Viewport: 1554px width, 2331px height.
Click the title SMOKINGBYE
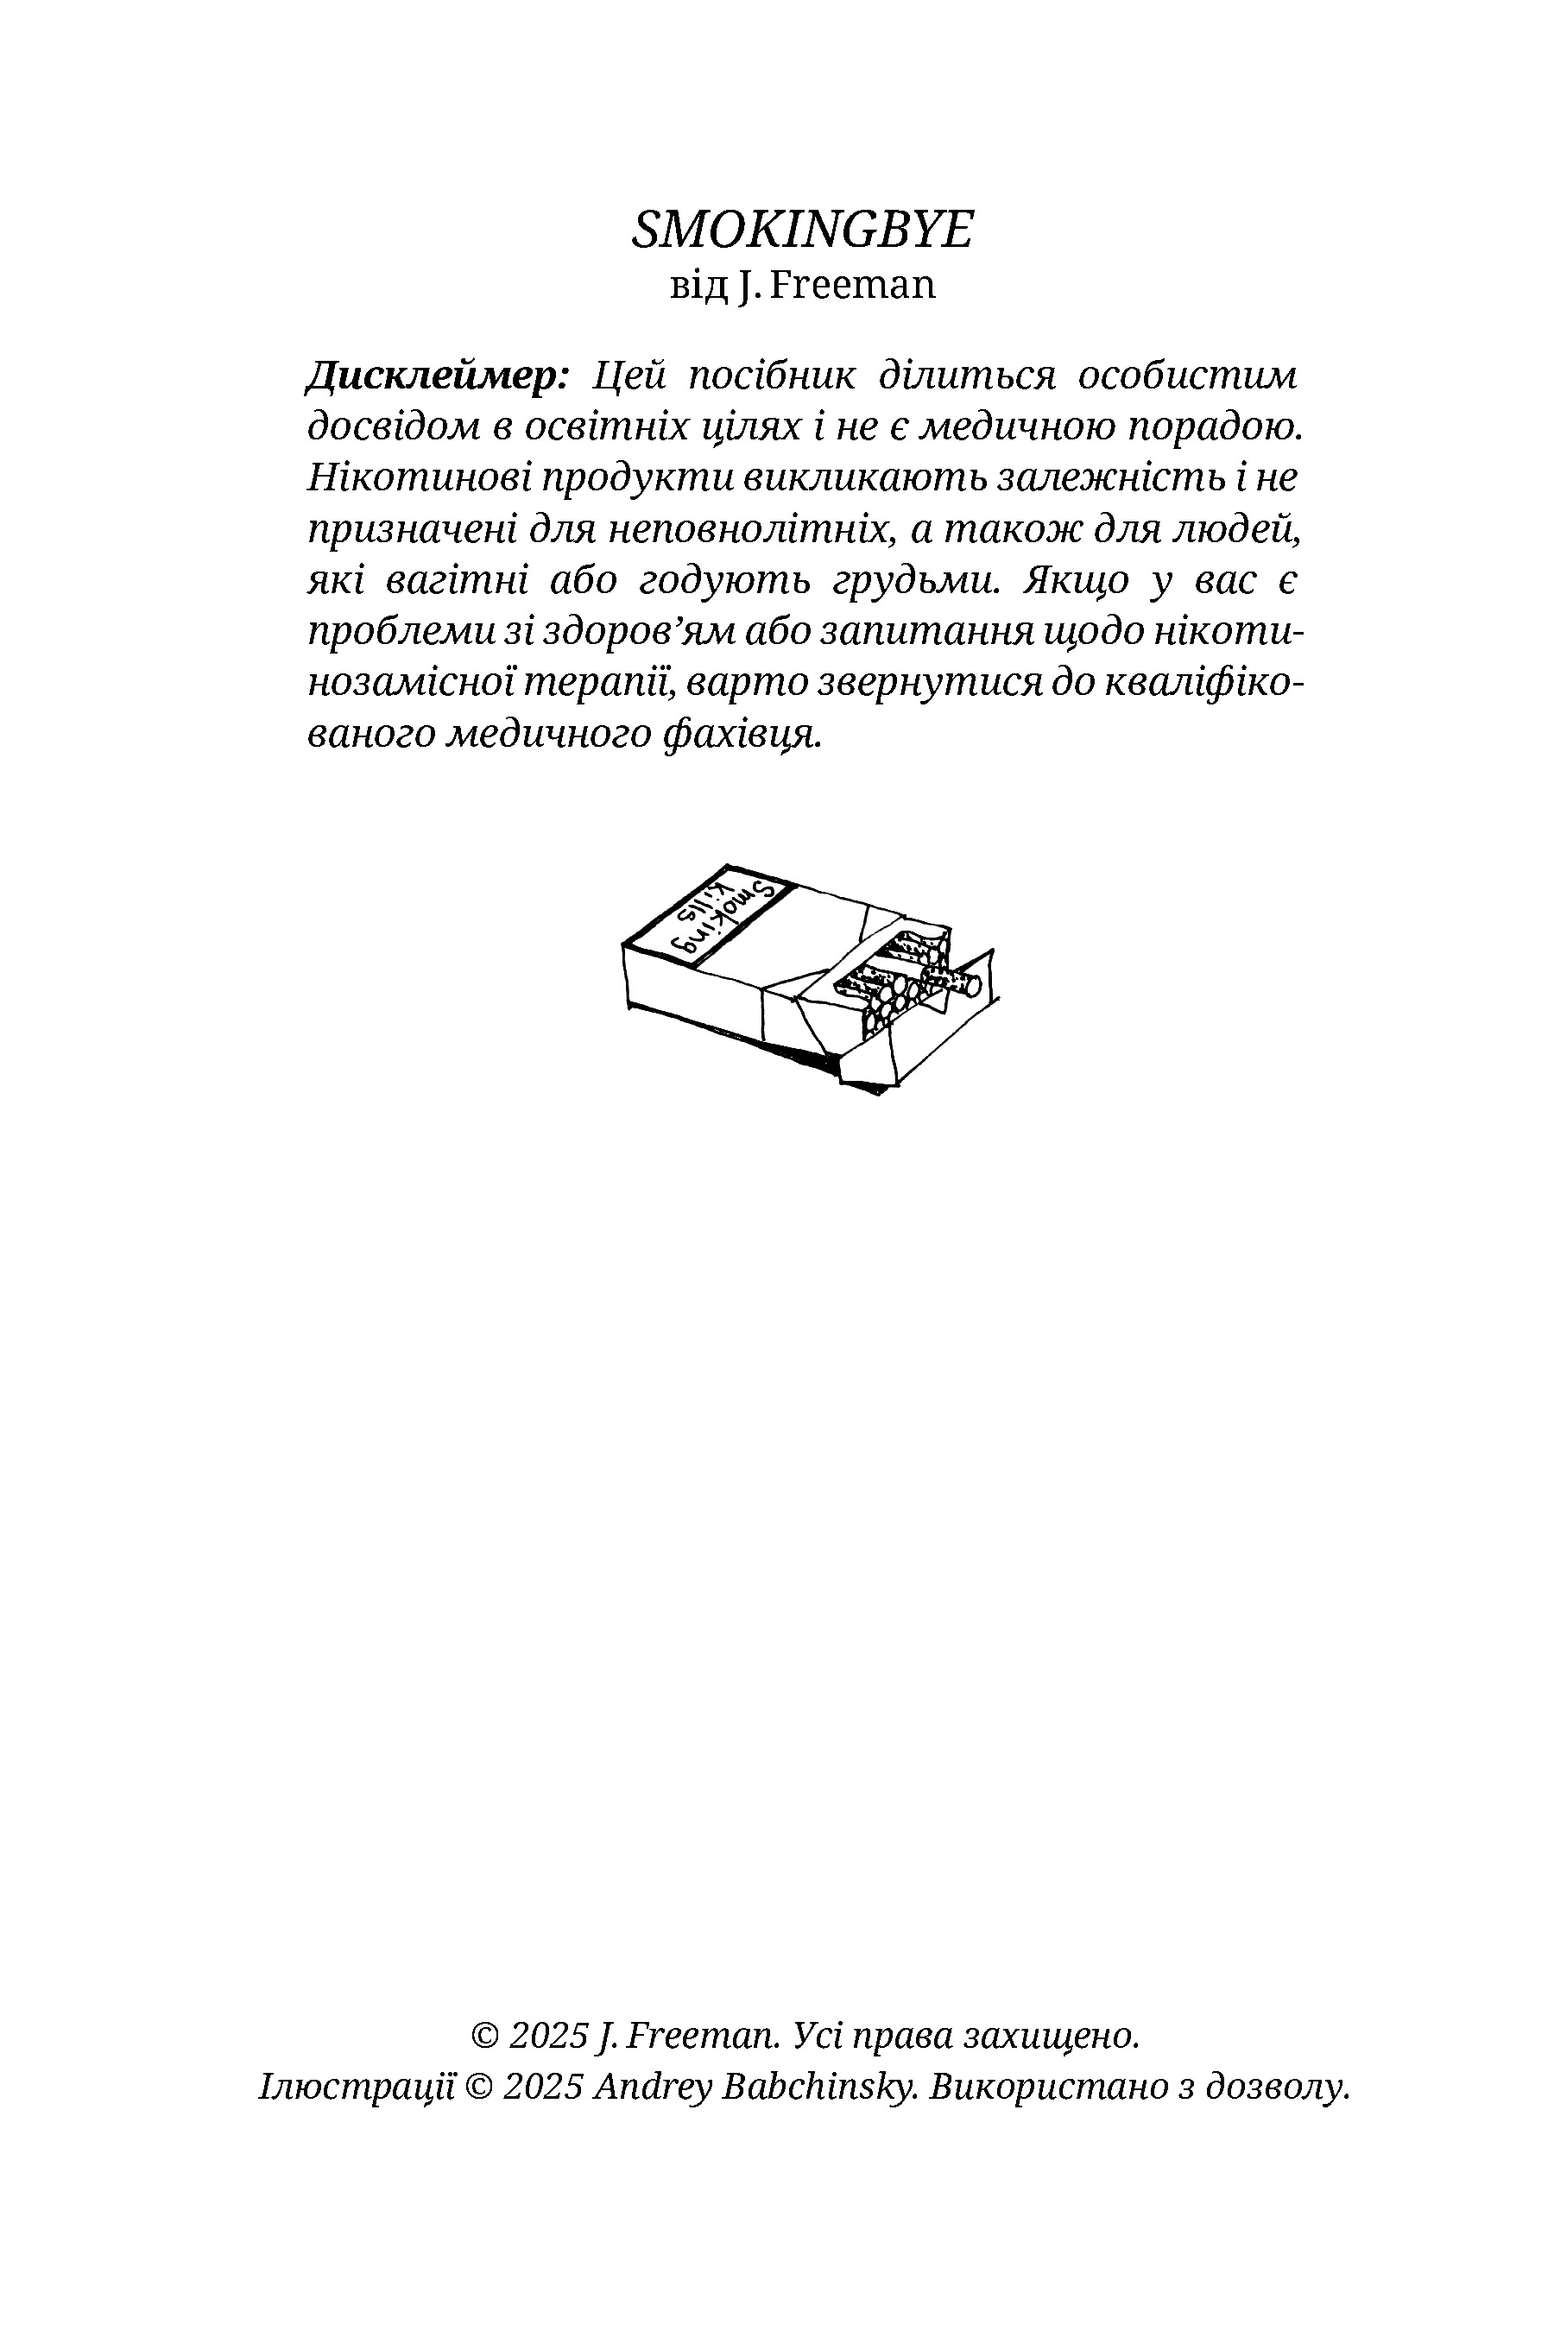point(802,230)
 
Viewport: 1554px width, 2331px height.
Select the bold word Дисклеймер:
point(436,377)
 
